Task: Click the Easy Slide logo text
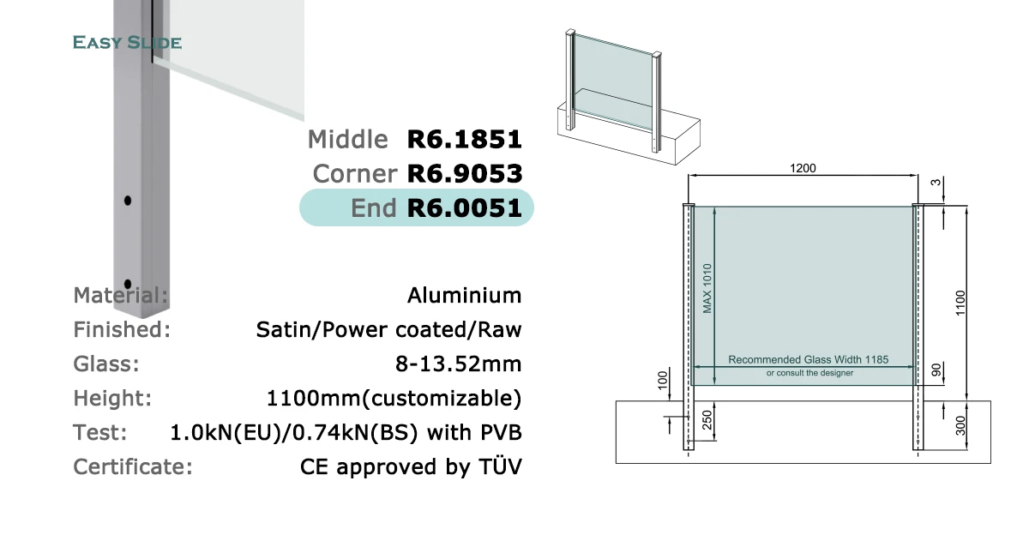click(x=127, y=43)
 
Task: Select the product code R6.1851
click(x=465, y=140)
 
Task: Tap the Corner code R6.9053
click(x=465, y=174)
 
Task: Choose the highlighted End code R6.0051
click(x=465, y=208)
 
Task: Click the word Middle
click(x=348, y=140)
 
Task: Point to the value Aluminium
click(x=465, y=295)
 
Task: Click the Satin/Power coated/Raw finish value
click(x=388, y=330)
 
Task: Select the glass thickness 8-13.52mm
click(x=459, y=364)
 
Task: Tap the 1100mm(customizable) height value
click(x=394, y=398)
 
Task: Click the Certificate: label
click(x=133, y=467)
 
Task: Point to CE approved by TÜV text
click(x=411, y=466)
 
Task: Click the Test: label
click(x=100, y=433)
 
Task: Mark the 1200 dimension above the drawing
click(x=803, y=169)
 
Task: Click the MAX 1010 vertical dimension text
click(x=707, y=288)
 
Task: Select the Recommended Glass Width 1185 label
click(x=809, y=359)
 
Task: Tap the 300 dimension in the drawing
click(x=960, y=426)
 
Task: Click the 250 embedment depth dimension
click(x=707, y=420)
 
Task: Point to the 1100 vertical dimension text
click(x=960, y=304)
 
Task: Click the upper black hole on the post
click(x=128, y=201)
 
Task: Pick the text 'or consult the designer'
click(x=809, y=373)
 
